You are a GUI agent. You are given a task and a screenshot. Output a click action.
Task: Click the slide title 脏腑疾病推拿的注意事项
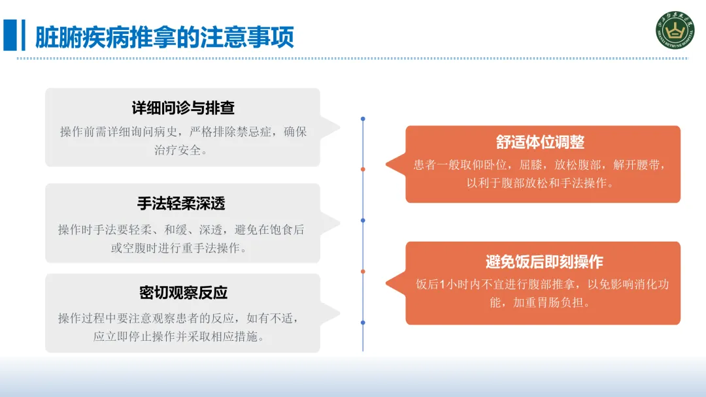(x=165, y=37)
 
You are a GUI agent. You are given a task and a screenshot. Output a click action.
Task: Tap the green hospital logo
(x=675, y=30)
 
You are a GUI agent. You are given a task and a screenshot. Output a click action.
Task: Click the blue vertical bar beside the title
(x=9, y=35)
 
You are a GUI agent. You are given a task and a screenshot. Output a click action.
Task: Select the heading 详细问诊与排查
(x=183, y=108)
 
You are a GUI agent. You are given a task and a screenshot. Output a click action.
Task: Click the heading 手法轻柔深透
(x=181, y=203)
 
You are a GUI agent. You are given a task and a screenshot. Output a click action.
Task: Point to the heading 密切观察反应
(x=183, y=293)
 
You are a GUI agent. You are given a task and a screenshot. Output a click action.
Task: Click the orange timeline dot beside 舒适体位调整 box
(x=363, y=169)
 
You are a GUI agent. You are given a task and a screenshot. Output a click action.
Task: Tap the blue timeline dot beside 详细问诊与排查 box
(x=363, y=119)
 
